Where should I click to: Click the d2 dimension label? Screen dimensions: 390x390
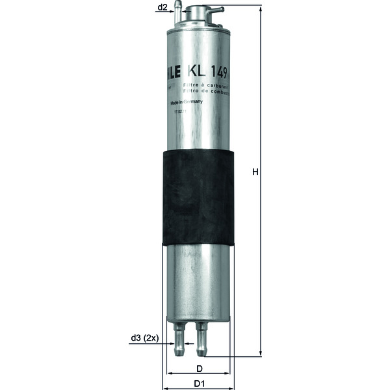[x=162, y=8]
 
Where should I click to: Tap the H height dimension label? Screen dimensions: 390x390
[x=255, y=172]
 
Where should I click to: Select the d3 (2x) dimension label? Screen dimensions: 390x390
[x=143, y=338]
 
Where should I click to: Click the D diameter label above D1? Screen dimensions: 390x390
[x=200, y=369]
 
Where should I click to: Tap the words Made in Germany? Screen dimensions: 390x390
[x=187, y=103]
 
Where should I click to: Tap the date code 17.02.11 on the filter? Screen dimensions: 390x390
[x=181, y=112]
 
